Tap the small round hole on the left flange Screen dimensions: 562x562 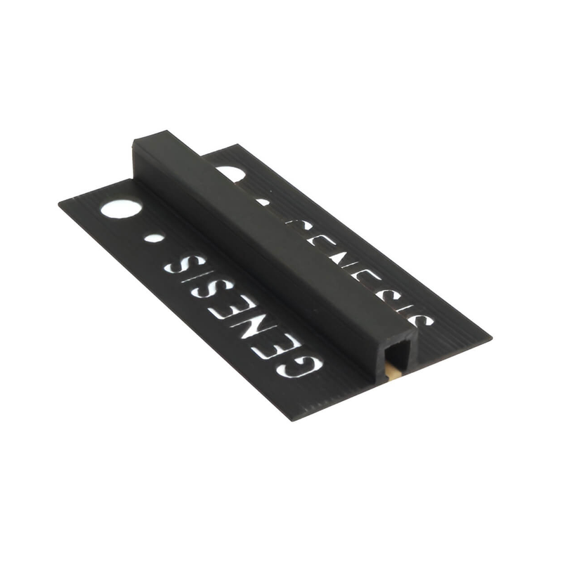(x=155, y=238)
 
